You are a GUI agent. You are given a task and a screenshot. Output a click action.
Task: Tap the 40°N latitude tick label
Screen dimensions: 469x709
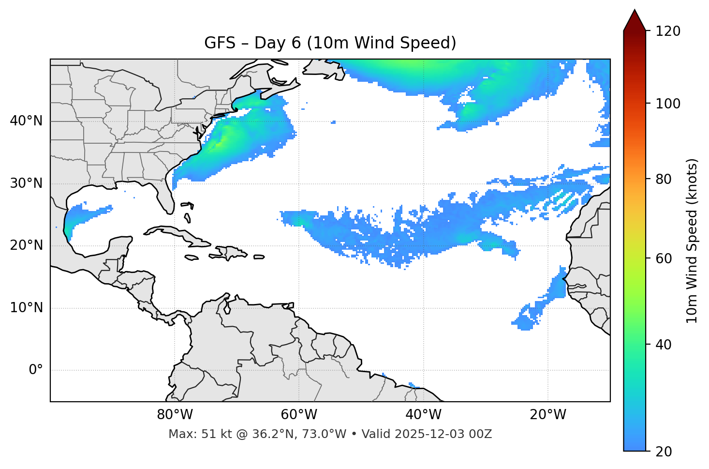tap(26, 121)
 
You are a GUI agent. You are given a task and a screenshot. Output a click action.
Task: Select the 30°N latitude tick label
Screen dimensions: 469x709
tap(26, 183)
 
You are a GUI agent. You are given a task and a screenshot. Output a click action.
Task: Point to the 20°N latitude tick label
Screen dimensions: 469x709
tap(26, 245)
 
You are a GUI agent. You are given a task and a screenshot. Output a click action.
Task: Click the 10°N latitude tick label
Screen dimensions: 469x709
tap(26, 308)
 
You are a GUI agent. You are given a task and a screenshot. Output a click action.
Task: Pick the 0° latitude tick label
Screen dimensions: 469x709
tap(36, 370)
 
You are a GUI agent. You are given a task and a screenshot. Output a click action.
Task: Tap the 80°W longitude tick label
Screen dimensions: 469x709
tap(175, 415)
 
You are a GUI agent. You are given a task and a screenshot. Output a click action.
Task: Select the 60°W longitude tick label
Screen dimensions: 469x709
tap(299, 415)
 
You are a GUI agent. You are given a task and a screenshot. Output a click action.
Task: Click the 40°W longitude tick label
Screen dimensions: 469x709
tap(423, 415)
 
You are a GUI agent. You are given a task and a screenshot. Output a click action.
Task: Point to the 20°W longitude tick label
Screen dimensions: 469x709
tap(547, 415)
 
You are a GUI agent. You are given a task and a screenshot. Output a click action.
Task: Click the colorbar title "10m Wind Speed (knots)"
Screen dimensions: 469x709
tap(692, 241)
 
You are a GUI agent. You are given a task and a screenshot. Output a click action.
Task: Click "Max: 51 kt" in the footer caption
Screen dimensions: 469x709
tap(192, 434)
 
